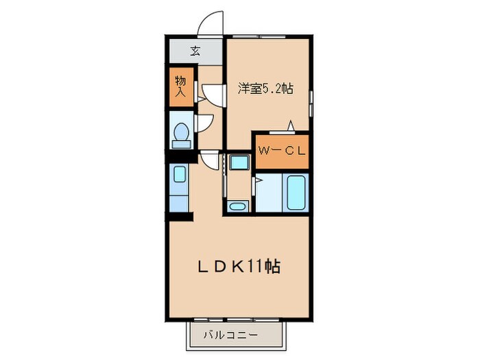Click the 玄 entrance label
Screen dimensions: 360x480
pos(195,51)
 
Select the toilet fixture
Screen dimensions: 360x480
pos(182,134)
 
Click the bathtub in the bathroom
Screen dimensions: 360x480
pos(296,192)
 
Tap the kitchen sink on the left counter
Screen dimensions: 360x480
pos(179,175)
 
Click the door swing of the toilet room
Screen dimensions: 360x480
pos(205,123)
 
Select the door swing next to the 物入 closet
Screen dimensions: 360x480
pos(211,95)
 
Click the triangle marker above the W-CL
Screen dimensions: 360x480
pos(291,125)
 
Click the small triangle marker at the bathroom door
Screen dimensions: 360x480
pos(259,181)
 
